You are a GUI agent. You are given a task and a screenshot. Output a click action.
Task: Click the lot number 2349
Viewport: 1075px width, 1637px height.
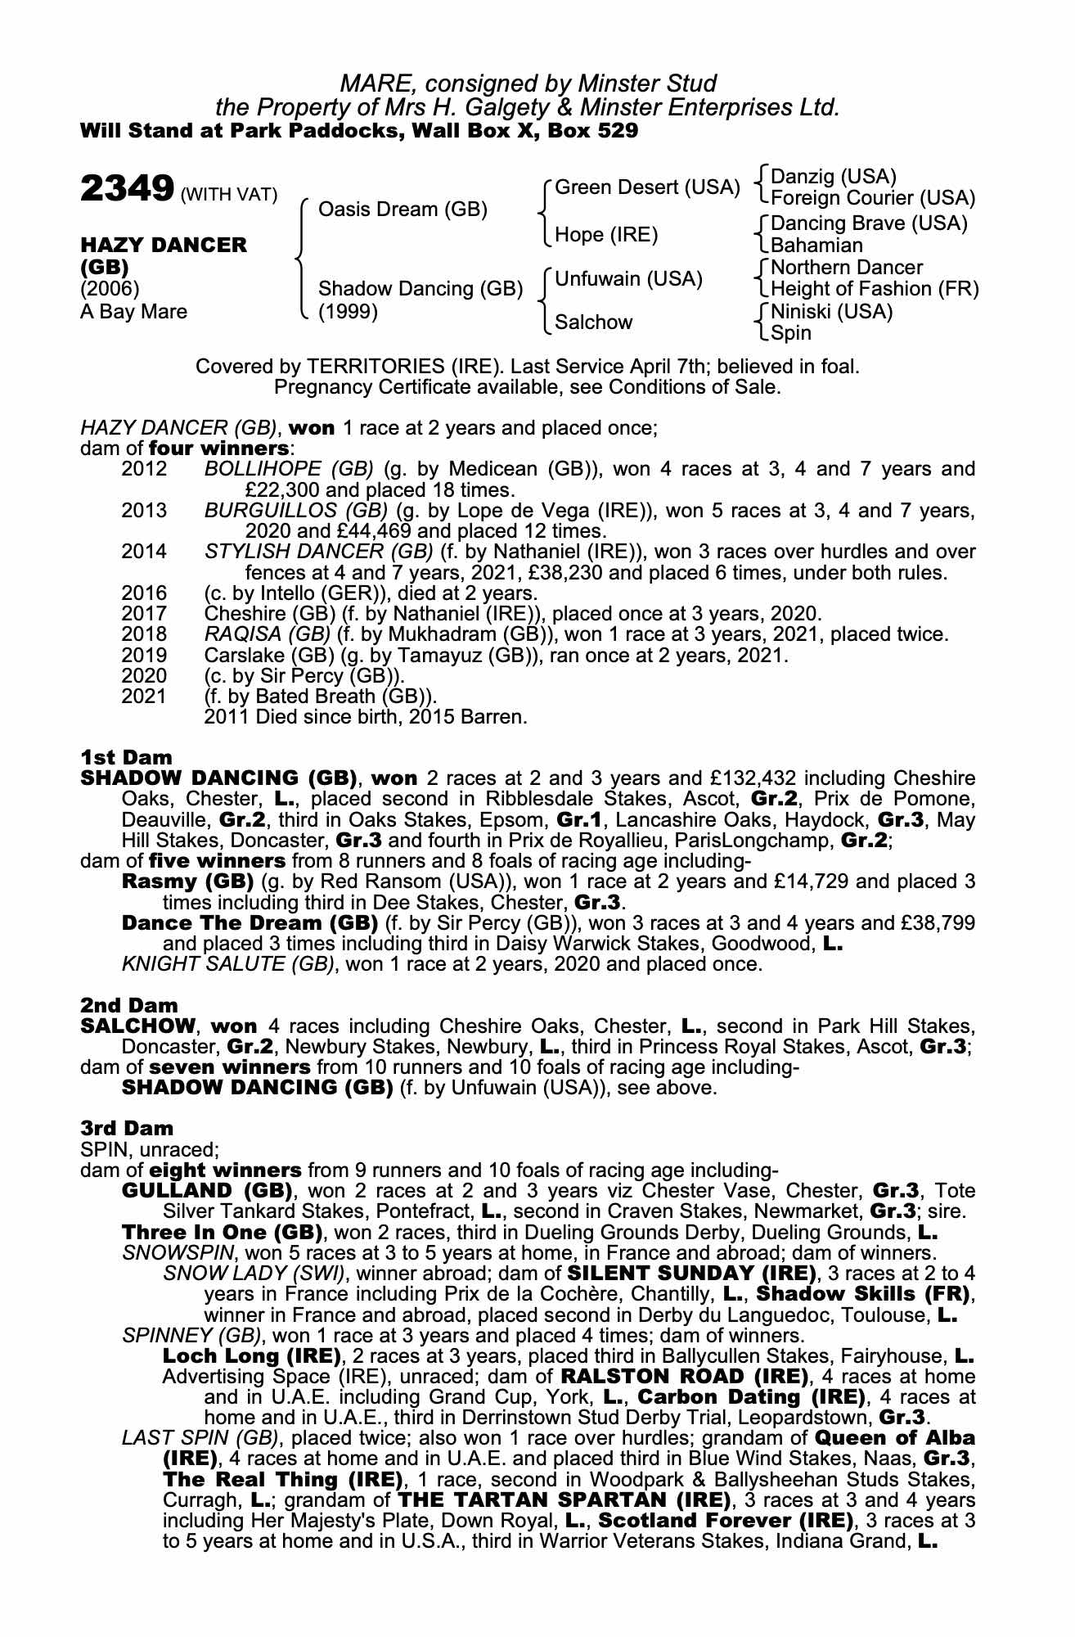pos(126,190)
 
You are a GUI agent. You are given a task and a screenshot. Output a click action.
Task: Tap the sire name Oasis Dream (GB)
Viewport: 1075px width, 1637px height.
pos(403,210)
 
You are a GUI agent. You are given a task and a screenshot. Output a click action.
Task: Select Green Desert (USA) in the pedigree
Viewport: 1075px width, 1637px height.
pos(646,187)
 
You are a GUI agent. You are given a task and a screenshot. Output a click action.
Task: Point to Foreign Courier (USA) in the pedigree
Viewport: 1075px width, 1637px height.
pos(873,198)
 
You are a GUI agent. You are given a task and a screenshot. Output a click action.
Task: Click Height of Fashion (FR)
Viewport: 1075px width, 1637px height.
pos(875,289)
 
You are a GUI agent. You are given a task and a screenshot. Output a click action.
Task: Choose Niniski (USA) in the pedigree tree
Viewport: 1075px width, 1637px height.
pos(832,311)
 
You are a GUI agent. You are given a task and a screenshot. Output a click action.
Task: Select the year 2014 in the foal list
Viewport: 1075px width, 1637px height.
pos(144,552)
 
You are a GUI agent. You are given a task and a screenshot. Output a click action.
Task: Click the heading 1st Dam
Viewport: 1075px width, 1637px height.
pos(126,757)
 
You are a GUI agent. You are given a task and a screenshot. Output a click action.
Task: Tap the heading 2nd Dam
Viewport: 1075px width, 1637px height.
pos(129,1005)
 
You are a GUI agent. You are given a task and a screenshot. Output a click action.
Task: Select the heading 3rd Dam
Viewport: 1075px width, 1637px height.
pos(127,1129)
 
